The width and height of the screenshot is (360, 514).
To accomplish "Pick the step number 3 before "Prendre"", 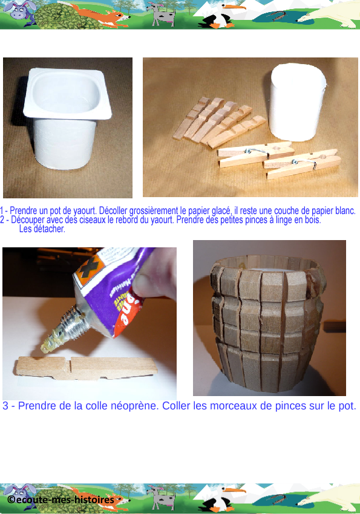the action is [5, 406].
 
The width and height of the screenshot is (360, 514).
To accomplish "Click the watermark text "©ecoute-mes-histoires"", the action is [61, 500].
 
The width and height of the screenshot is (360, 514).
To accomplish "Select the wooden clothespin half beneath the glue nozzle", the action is [87, 368].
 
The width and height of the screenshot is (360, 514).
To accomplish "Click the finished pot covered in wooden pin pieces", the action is [268, 324].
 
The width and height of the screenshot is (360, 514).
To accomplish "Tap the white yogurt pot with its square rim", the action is [67, 118].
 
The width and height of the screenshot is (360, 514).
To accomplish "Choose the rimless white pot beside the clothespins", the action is [297, 102].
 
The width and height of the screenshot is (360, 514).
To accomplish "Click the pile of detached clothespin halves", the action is [219, 122].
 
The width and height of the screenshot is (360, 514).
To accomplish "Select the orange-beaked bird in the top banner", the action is [220, 15].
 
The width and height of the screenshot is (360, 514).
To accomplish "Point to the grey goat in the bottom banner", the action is [161, 498].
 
